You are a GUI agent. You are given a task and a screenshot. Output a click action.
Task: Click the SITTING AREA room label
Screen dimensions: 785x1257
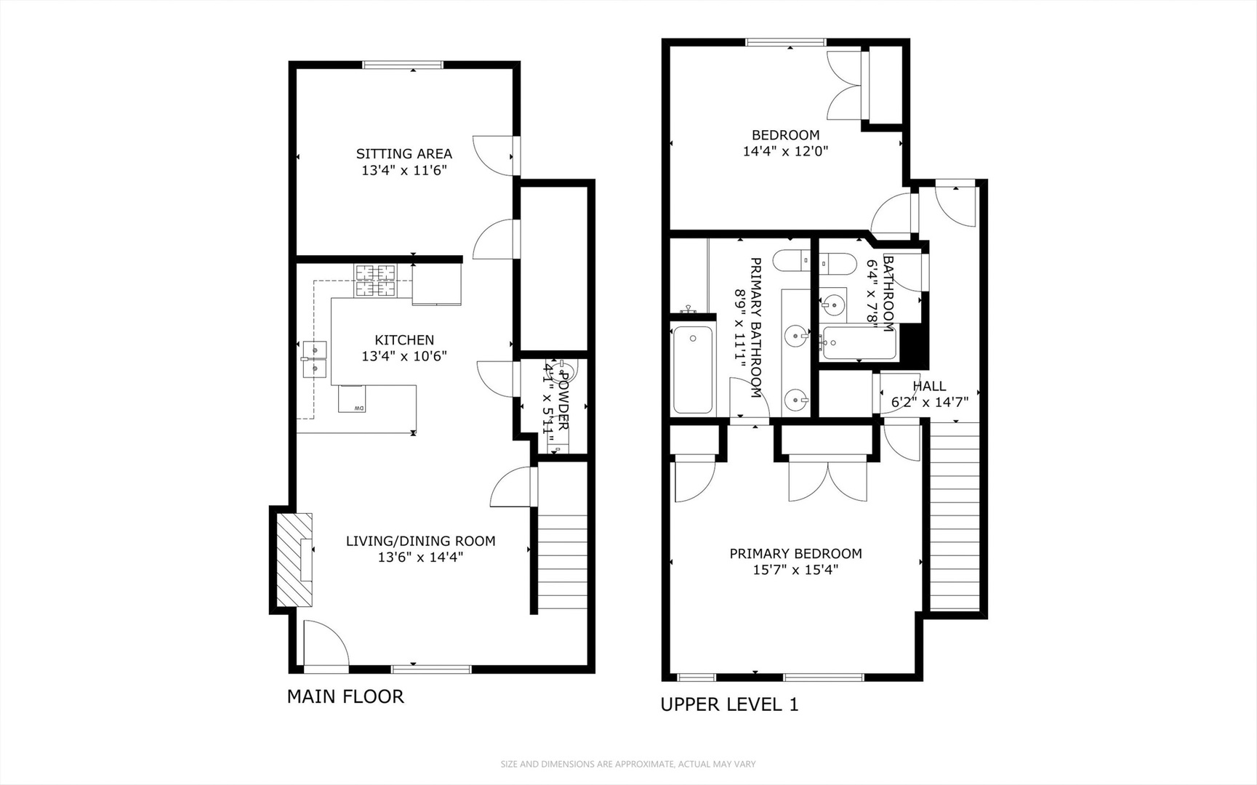point(403,153)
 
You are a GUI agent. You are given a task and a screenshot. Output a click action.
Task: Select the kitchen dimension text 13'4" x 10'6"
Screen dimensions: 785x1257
point(403,356)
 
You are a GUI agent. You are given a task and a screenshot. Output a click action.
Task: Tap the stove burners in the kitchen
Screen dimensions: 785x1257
point(376,281)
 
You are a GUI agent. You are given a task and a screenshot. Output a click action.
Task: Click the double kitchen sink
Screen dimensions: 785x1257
point(316,359)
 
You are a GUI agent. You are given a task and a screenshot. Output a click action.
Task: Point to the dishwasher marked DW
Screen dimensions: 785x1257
point(353,399)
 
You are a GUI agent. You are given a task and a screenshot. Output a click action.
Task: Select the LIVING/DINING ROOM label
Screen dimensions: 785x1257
point(420,541)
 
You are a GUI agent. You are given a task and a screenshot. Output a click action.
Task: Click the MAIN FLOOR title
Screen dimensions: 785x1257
point(345,696)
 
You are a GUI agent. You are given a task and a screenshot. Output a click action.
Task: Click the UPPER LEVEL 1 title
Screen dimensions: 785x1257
point(729,704)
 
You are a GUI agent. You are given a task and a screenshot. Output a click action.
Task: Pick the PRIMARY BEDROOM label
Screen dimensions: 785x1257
point(795,554)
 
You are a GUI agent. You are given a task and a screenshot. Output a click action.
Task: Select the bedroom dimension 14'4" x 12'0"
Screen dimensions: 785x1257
point(785,151)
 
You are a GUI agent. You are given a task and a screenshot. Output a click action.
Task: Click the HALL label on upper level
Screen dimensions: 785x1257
point(929,386)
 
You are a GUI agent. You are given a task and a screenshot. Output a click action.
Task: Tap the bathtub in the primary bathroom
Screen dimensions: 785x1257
point(692,370)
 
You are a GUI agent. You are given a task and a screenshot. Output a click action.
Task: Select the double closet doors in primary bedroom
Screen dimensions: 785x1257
point(828,480)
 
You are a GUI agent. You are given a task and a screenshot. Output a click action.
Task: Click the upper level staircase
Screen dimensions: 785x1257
point(955,516)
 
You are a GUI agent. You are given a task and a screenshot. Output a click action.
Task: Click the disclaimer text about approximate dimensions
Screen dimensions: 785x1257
point(628,764)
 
